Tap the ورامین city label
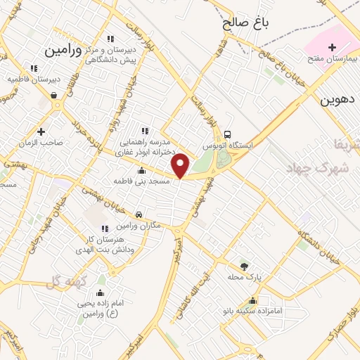pos(63,51)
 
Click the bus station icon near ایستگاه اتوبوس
pos(226,134)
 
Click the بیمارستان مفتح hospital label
pos(331,58)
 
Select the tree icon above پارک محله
pos(244,266)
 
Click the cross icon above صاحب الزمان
pos(41,131)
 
